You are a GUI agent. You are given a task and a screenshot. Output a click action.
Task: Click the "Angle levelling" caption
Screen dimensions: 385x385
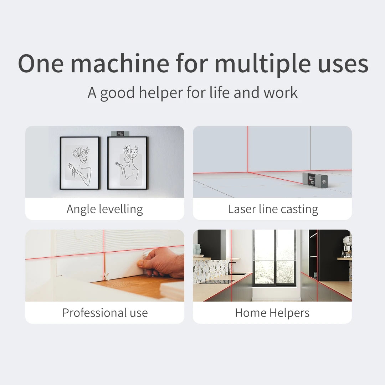105,209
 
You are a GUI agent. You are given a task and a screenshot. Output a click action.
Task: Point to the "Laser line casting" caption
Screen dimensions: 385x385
273,209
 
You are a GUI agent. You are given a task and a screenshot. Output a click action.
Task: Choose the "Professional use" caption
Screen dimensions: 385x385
105,313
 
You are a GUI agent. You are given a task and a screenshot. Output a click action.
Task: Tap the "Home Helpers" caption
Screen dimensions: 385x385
272,313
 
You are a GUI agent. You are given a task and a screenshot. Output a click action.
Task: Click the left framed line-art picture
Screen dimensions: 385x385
79,163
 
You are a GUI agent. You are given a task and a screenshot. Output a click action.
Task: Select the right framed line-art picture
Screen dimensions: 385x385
127,163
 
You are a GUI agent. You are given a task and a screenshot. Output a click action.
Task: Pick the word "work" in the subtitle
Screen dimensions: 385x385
280,93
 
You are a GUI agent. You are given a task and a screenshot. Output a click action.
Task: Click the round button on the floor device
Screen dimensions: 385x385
323,181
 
